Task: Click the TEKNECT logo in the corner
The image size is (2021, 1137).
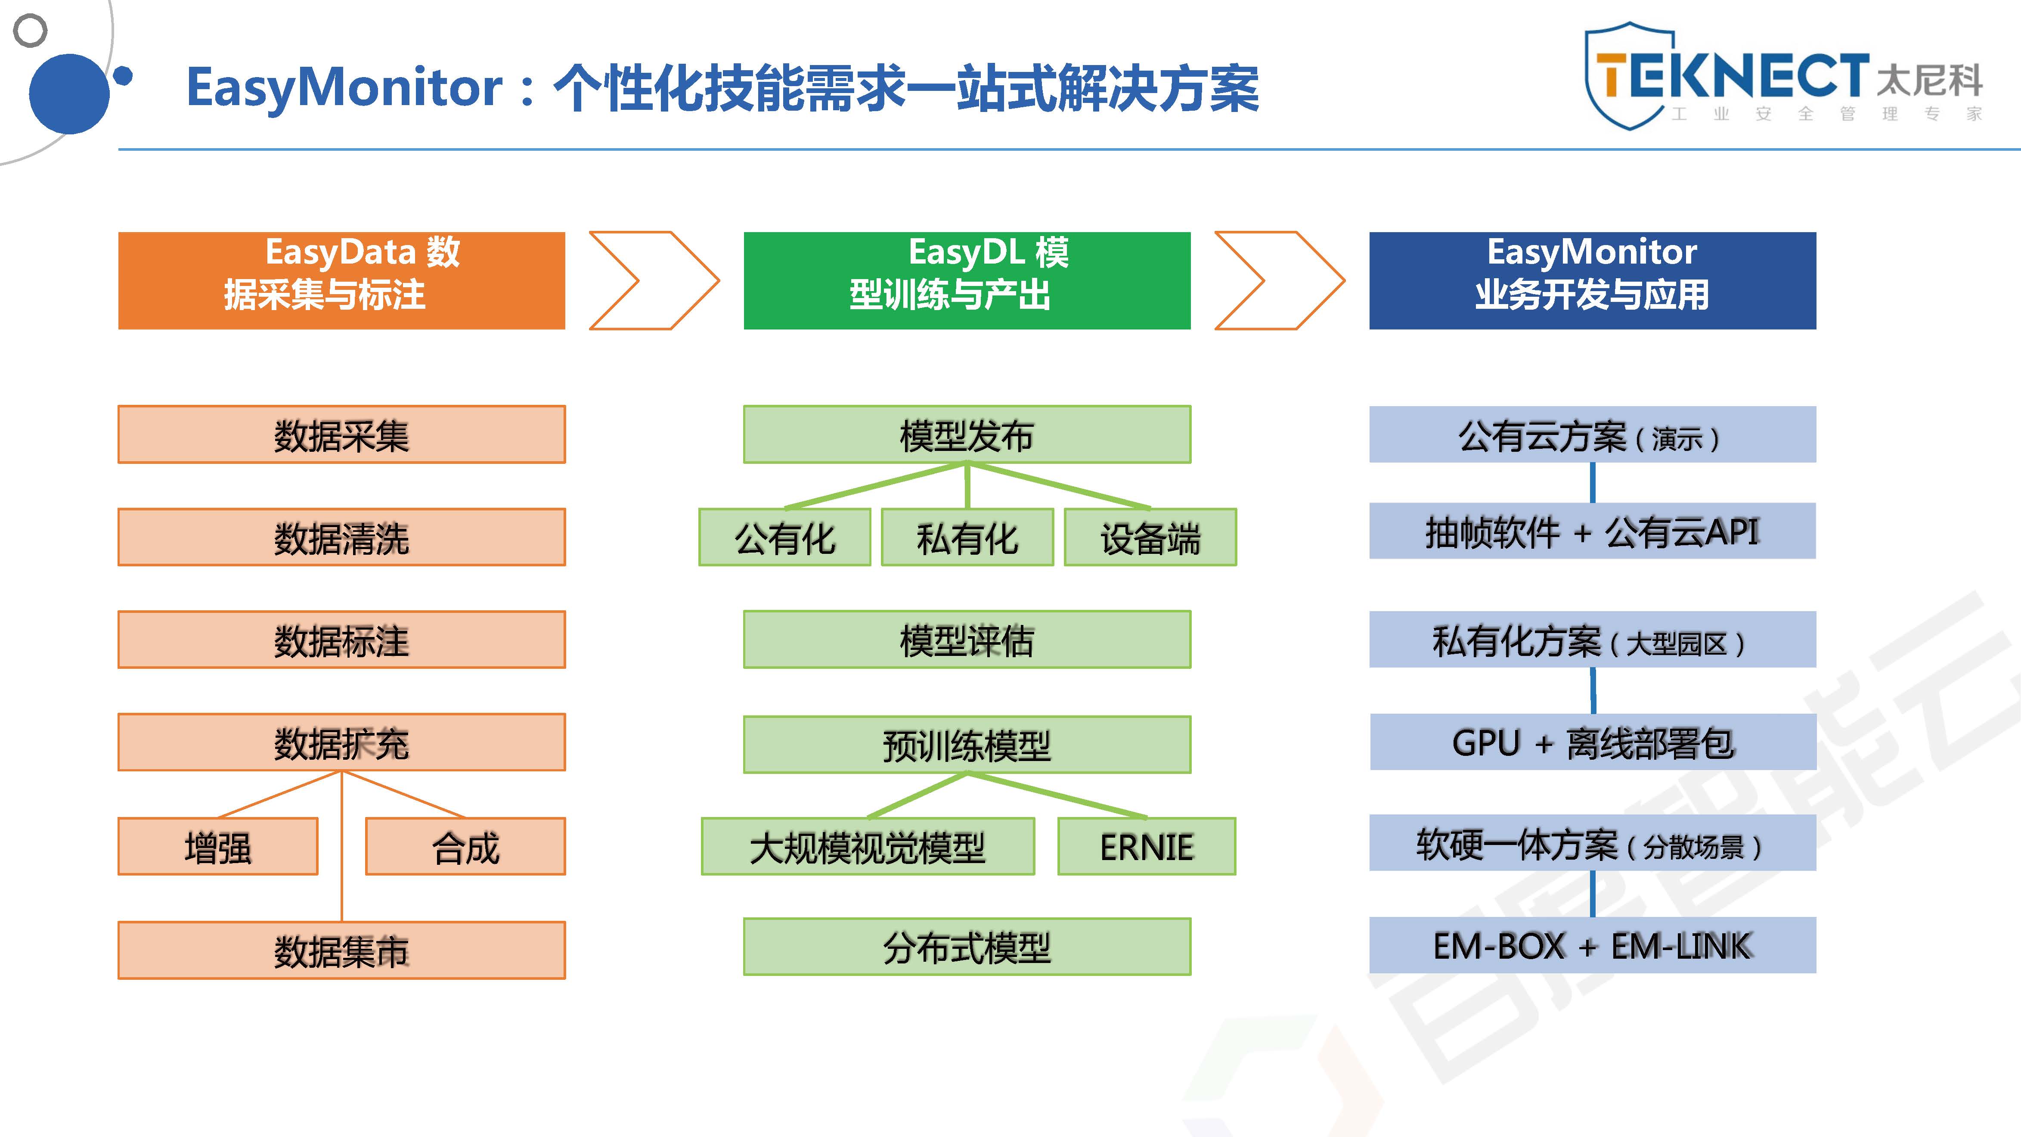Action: [x=1781, y=76]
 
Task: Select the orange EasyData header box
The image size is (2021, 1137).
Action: [x=341, y=280]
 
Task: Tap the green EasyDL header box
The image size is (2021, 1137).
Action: [x=967, y=280]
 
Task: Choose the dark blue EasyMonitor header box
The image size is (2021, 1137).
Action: [x=1592, y=280]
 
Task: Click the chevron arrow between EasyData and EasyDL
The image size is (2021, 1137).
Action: [x=654, y=280]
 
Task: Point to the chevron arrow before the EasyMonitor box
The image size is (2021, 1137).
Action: [x=1279, y=280]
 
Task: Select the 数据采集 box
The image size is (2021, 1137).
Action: [x=341, y=435]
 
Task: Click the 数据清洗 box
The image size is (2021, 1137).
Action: [x=341, y=537]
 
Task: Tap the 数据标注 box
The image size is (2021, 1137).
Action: [x=341, y=640]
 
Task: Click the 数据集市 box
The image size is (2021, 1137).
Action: [x=341, y=950]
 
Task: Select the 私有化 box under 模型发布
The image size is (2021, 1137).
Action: [x=967, y=537]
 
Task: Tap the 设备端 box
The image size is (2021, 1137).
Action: [x=1150, y=537]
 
